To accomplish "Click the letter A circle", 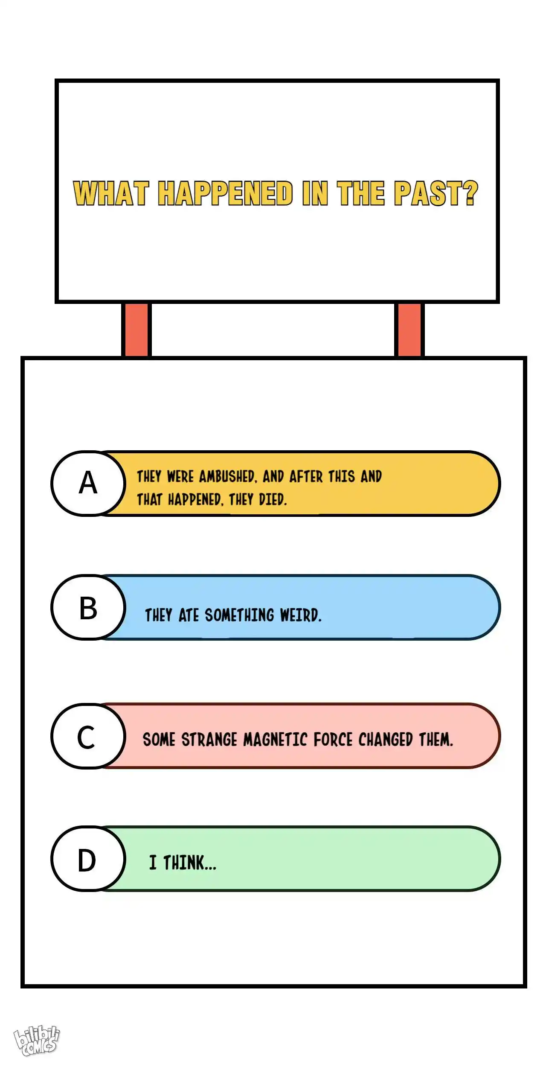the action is point(88,483).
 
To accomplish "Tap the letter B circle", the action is point(88,607).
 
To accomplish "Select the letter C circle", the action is point(88,736).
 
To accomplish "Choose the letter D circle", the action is point(88,859).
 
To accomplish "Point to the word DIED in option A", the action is point(273,499).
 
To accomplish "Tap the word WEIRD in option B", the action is point(300,615).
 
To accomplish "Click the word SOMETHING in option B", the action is point(239,615).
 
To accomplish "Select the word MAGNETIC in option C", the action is point(275,740).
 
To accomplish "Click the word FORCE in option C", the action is point(333,740).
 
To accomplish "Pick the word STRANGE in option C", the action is point(209,740).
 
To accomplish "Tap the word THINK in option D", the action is point(190,863).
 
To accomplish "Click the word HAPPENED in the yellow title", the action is point(225,193).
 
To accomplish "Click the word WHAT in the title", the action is point(111,193).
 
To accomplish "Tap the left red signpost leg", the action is point(136,329).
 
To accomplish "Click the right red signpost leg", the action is point(409,329).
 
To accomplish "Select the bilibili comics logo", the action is point(37,1041).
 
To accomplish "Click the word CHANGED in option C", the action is point(386,740).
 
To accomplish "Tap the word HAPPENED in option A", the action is point(195,499).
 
